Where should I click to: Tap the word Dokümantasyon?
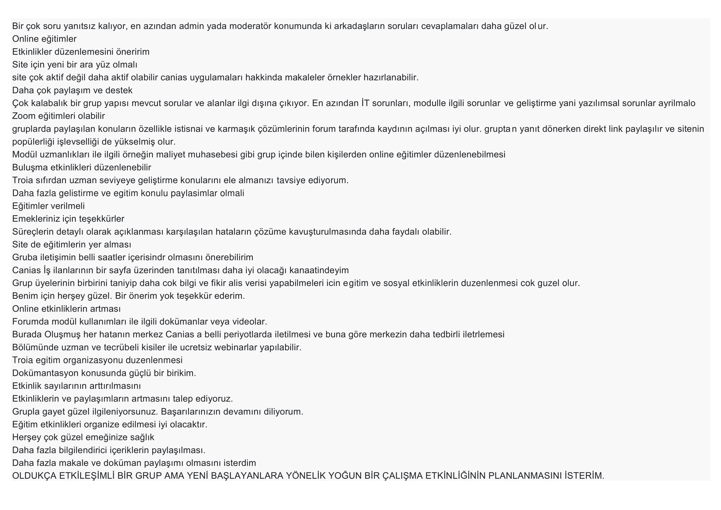pyautogui.click(x=45, y=373)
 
